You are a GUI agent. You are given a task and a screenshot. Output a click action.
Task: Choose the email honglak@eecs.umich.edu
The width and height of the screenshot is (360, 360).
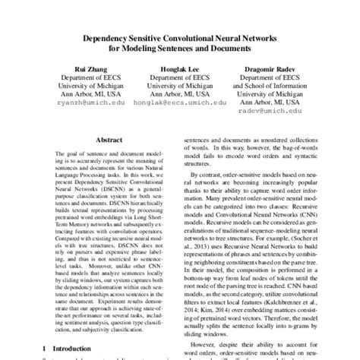point(180,100)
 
